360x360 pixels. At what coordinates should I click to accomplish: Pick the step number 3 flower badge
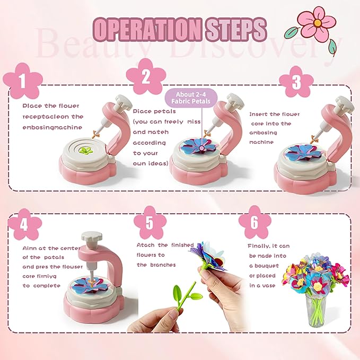click(296, 81)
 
